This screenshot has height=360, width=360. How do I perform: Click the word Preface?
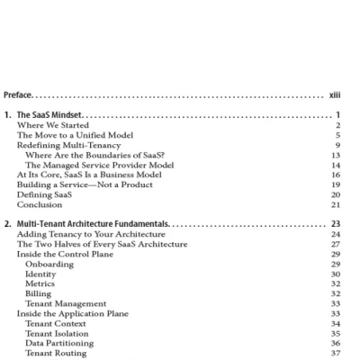20,94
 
